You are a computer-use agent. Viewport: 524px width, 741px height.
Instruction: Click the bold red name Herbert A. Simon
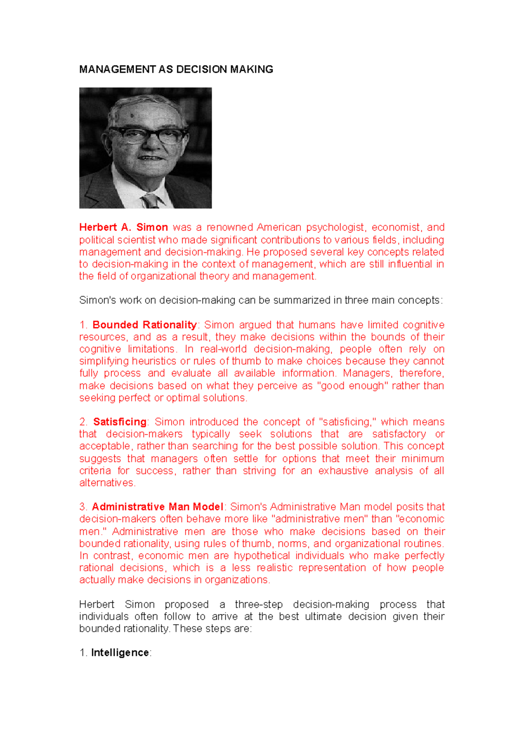[x=124, y=227]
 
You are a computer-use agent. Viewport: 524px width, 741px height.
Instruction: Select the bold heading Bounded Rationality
[x=145, y=325]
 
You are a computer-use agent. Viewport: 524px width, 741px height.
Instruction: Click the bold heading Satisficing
[x=120, y=422]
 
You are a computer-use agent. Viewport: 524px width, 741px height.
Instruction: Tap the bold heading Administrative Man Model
[x=157, y=507]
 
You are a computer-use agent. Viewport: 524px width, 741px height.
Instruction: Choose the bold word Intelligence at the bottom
[x=120, y=653]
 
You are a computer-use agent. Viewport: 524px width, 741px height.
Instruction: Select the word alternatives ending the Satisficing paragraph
[x=107, y=483]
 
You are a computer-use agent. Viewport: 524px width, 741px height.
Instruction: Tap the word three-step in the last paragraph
[x=259, y=604]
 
